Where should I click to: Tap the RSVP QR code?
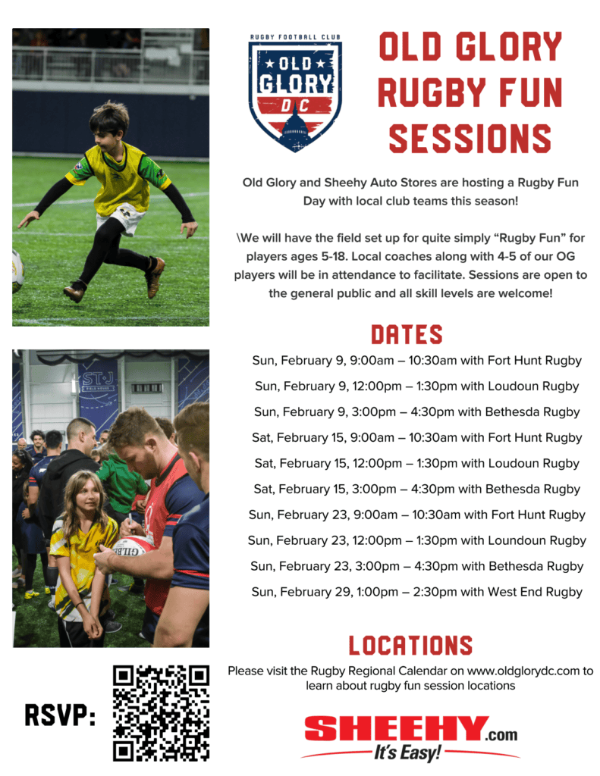pos(161,712)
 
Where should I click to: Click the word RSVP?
pos(61,715)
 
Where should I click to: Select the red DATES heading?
pos(407,335)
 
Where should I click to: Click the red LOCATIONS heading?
pos(410,646)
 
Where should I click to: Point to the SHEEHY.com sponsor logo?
pos(410,737)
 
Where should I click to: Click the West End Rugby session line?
pos(416,592)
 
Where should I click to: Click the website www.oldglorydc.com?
pos(523,671)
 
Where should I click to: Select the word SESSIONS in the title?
pos(470,139)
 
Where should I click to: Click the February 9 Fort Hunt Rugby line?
pos(416,360)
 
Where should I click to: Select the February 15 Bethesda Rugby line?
pos(416,489)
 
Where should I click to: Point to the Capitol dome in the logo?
pos(295,127)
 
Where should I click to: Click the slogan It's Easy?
pos(407,753)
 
